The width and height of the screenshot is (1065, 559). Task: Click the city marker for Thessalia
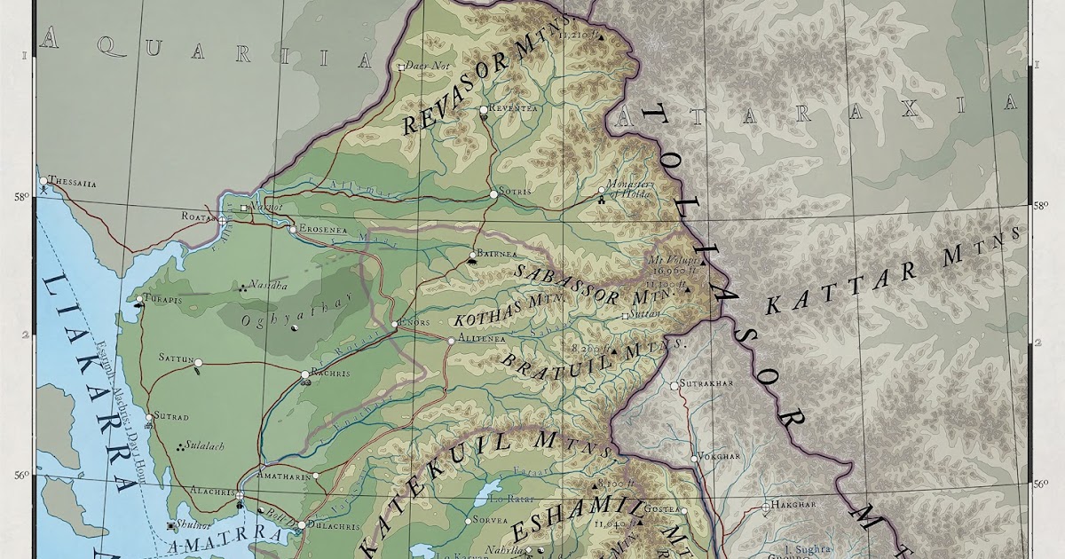point(43,180)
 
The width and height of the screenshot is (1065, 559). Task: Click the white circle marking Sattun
point(198,363)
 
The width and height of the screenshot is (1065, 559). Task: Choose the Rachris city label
point(331,374)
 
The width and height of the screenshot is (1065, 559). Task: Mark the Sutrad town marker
point(148,415)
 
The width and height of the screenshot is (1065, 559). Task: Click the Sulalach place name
point(203,445)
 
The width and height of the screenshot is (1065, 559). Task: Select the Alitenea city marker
point(451,340)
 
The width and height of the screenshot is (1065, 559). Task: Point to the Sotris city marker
point(494,193)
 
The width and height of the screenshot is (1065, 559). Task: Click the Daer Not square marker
point(401,67)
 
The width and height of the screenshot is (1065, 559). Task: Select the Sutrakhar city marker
point(674,385)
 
